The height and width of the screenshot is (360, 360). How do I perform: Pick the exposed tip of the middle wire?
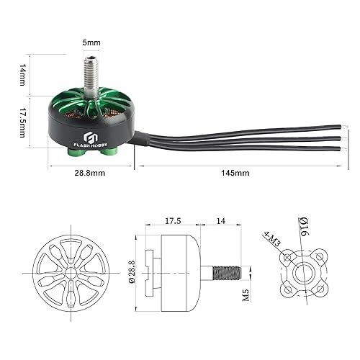click(338, 137)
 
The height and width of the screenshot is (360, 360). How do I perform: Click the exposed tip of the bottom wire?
click(338, 148)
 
